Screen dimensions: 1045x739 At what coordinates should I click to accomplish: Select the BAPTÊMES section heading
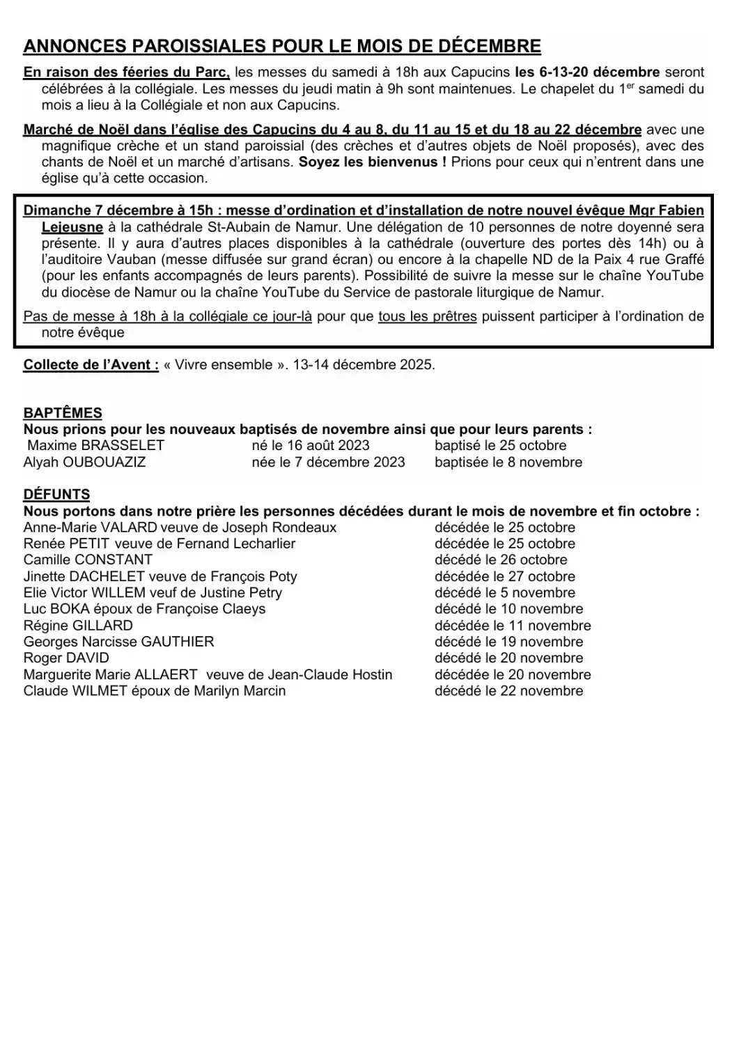(63, 413)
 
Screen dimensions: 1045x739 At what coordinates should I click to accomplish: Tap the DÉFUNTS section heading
(56, 495)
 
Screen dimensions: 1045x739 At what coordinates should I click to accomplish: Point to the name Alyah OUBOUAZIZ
(84, 462)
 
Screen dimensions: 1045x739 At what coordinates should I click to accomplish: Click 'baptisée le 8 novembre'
(508, 462)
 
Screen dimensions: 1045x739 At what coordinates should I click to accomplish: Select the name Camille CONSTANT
(88, 560)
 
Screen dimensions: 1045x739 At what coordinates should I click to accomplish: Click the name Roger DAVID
(66, 658)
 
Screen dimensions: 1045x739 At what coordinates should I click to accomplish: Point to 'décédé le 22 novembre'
(508, 691)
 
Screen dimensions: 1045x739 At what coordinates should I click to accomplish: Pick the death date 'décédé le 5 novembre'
(504, 593)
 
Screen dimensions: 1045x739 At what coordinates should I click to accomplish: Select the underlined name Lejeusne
(72, 227)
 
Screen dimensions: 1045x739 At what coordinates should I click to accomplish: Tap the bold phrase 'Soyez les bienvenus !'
(373, 162)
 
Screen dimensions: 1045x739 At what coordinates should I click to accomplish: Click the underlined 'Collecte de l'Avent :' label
(91, 365)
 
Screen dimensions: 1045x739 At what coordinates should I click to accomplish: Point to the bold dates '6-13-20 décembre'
(586, 72)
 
